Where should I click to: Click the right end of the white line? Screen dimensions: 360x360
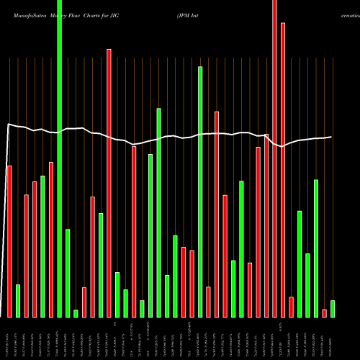(332, 137)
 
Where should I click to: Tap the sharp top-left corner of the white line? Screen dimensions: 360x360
(7, 125)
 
